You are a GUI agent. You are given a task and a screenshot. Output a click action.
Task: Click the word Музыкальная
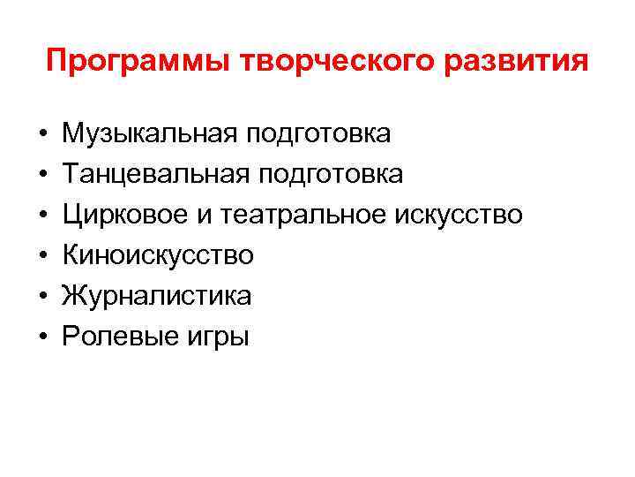click(x=148, y=134)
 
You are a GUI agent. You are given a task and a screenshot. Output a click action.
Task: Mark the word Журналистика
click(x=156, y=296)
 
